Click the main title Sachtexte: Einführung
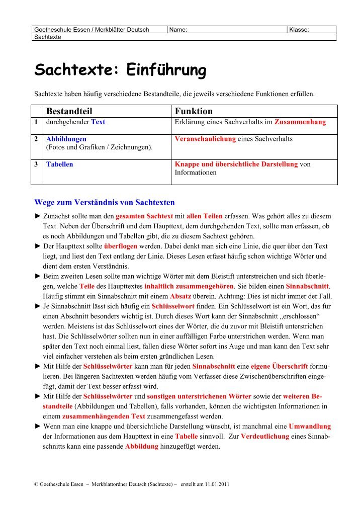tap(120, 70)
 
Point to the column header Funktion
tap(193, 111)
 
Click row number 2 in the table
tap(37, 139)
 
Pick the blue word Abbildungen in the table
tap(66, 139)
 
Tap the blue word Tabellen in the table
tap(59, 164)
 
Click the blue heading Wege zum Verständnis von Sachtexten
tap(104, 203)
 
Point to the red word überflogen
tap(121, 246)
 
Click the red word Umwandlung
tap(309, 426)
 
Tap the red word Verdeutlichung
tap(264, 436)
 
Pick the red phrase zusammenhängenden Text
tap(104, 416)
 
